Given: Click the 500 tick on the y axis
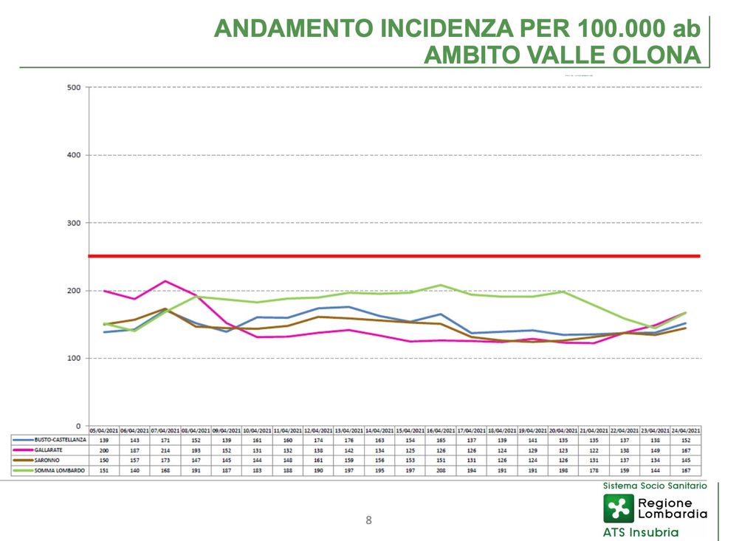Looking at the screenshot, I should point(73,87).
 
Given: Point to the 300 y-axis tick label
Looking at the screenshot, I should point(73,223).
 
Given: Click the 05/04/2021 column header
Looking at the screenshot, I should point(104,430).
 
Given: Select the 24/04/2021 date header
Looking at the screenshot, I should point(686,430).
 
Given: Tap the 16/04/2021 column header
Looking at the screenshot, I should point(441,430).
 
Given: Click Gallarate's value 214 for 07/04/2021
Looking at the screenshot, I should point(165,449).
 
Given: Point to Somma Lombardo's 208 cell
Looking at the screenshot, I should point(441,469).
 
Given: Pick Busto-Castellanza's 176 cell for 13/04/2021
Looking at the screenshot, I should point(348,440).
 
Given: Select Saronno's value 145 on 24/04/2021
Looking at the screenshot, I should point(686,460).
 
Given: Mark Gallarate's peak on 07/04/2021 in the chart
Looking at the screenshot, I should point(165,281).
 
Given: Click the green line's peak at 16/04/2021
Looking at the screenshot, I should point(441,285).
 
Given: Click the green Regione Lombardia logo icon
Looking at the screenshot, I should point(618,508).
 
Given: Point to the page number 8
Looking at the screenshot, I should point(369,520).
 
